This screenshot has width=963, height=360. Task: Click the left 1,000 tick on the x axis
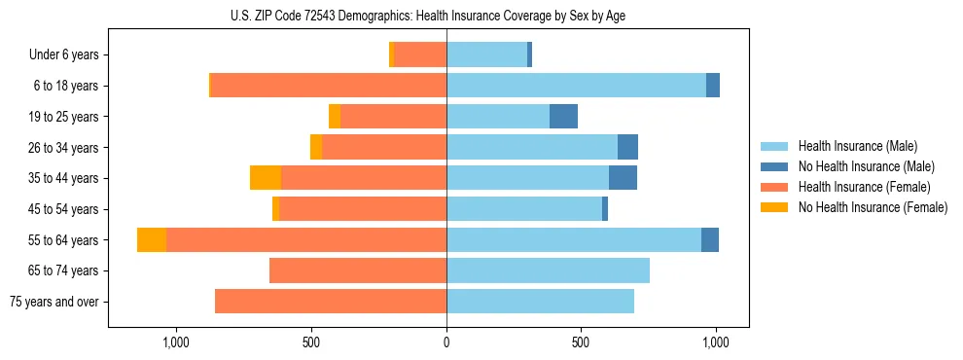pos(176,342)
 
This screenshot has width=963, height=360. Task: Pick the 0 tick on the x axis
pos(446,342)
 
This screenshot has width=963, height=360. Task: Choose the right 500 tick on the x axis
pos(581,342)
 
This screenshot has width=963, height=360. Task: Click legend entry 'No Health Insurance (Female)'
pos(873,207)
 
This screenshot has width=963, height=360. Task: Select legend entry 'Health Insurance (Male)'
pos(858,146)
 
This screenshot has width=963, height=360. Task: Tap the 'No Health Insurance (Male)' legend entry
pos(866,166)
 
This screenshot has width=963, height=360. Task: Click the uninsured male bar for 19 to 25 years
pos(563,117)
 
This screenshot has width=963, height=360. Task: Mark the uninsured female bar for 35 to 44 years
pos(266,178)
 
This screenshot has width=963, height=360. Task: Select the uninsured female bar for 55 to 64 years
pos(152,240)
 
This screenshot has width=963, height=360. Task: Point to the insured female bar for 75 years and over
pos(331,302)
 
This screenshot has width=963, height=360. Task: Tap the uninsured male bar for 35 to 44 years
pos(623,178)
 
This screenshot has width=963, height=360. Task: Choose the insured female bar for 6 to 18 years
pos(329,86)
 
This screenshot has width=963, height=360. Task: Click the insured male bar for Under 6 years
pos(486,55)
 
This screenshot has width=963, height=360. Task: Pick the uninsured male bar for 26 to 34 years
pos(627,148)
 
